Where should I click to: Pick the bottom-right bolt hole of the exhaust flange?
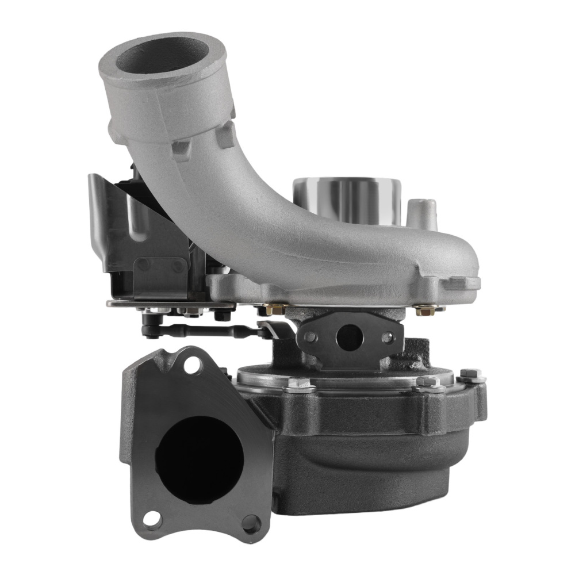coord(249,522)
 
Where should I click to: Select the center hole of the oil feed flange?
coord(348,339)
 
